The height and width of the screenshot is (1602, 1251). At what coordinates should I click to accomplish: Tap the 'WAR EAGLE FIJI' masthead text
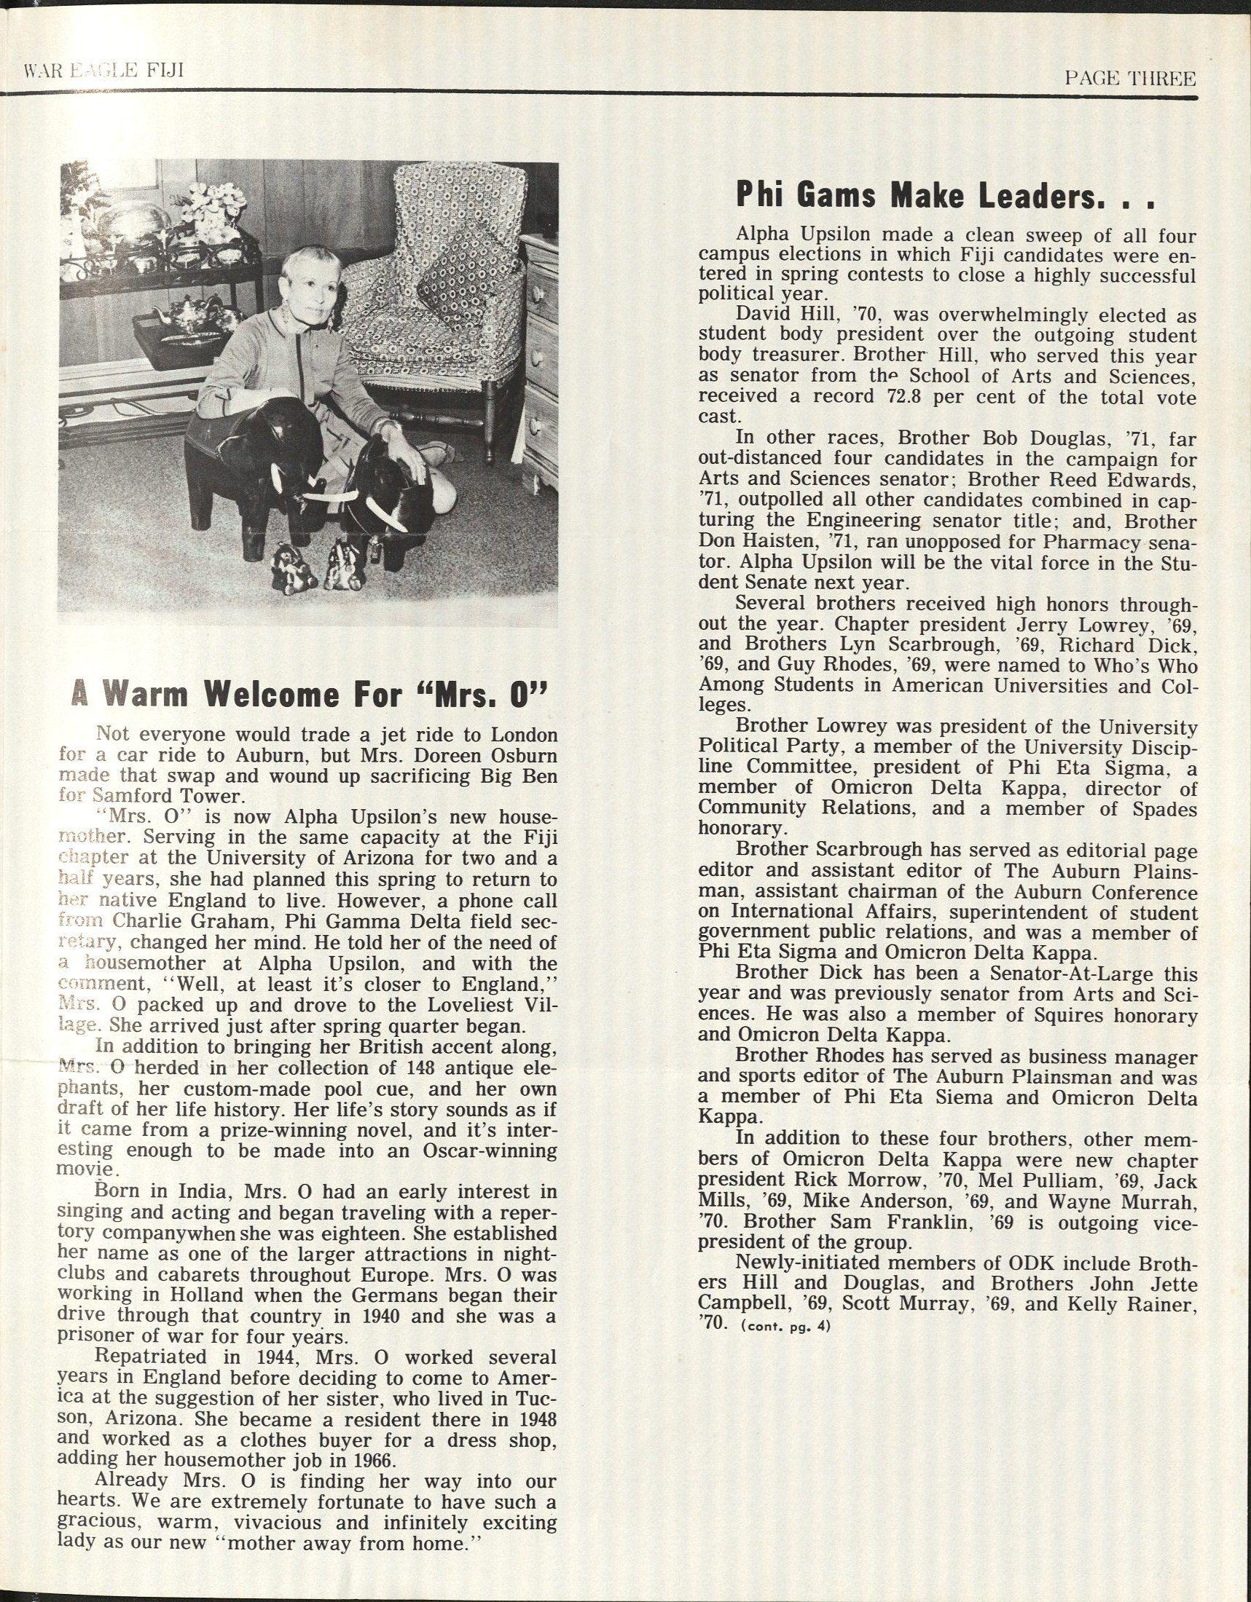(103, 71)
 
